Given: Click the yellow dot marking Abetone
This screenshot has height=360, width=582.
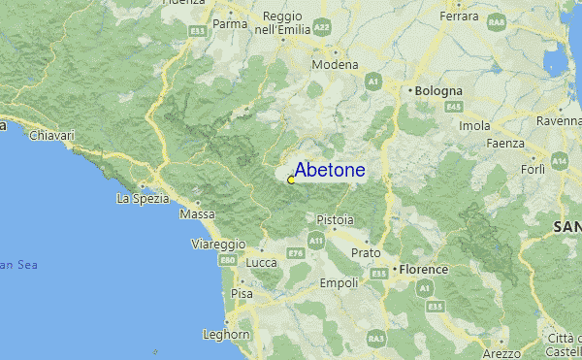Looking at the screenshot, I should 291,180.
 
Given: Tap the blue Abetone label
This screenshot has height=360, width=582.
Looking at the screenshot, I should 330,171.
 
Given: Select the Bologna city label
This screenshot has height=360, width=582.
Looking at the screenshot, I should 439,90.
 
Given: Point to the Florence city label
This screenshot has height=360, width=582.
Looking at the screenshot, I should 425,269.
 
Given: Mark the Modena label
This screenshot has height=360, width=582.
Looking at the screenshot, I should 335,65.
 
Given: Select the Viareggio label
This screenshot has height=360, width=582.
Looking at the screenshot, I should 218,243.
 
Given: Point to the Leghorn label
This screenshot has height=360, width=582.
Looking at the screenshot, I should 226,335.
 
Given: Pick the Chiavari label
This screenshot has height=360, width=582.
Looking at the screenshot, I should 52,136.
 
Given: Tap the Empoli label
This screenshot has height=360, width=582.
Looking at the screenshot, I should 339,283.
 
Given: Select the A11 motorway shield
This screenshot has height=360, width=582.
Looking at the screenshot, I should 316,239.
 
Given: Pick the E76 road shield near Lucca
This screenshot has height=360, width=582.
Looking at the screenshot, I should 295,253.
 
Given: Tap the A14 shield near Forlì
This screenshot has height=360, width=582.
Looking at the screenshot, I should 560,159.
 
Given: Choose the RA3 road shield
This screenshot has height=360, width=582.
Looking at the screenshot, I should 375,338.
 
